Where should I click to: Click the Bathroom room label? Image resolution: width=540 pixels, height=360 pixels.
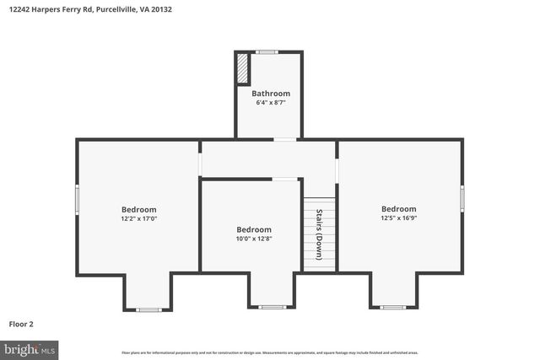(270, 94)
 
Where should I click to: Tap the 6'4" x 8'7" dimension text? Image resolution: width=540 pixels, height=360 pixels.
(270, 103)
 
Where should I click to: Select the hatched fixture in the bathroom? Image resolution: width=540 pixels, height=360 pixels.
(243, 69)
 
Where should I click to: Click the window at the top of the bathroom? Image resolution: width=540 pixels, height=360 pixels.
(267, 52)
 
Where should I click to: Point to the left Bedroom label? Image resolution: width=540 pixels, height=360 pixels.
(138, 210)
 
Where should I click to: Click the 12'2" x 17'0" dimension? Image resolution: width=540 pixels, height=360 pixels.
(138, 219)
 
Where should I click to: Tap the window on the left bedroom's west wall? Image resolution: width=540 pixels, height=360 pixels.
(78, 199)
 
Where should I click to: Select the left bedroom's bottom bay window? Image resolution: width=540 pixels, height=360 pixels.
(148, 309)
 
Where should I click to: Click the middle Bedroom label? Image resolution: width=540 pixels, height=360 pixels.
(253, 229)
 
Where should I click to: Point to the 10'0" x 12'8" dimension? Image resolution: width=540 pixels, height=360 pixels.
(253, 239)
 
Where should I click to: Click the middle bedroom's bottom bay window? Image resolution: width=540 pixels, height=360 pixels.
(272, 307)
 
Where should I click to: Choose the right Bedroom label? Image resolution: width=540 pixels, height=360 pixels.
(398, 209)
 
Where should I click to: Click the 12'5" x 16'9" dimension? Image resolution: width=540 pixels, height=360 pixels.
(398, 218)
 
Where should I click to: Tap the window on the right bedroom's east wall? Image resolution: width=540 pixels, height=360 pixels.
(462, 197)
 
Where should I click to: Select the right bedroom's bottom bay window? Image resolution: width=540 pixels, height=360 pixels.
(393, 307)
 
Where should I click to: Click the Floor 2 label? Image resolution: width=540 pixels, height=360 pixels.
(21, 324)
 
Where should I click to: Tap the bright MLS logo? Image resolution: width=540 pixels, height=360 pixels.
(29, 348)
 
